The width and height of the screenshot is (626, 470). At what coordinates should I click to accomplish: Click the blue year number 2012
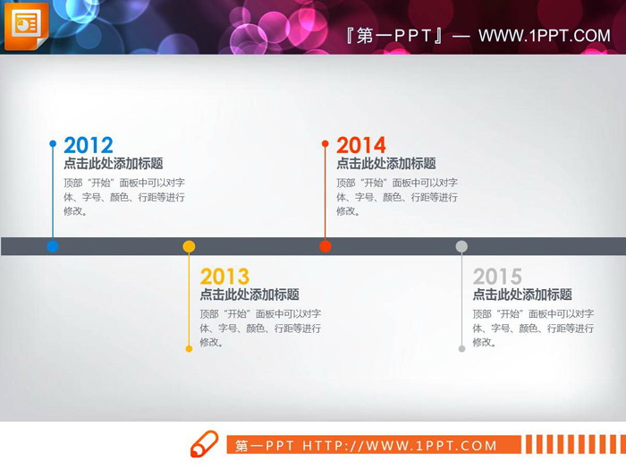(x=89, y=145)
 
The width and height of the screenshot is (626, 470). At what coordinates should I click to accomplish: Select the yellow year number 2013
(x=224, y=276)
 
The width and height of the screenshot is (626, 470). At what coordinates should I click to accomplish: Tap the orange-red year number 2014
(x=361, y=145)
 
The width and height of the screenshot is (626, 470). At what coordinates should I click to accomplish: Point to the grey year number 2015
(x=497, y=276)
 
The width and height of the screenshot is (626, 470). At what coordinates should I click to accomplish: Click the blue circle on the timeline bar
(x=53, y=246)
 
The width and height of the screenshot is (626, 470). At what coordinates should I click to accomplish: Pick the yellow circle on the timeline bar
(x=189, y=246)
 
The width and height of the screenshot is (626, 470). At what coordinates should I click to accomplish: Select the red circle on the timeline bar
(x=326, y=246)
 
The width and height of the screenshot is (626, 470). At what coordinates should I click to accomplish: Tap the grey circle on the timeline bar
(x=461, y=246)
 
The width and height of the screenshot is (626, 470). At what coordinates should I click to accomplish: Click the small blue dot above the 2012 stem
(x=53, y=143)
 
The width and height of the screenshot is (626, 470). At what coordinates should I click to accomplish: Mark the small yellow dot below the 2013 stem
(x=189, y=348)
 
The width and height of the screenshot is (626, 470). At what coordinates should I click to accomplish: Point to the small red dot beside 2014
(x=326, y=143)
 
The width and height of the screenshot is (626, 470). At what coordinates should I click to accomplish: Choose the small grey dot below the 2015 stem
(x=461, y=348)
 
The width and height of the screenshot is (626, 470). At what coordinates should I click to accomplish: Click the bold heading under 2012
(x=114, y=164)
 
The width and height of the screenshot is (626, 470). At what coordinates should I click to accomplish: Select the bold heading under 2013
(x=250, y=295)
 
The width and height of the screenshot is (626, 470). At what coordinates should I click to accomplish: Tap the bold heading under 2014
(x=386, y=164)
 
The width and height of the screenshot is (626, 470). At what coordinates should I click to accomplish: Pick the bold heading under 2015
(x=522, y=295)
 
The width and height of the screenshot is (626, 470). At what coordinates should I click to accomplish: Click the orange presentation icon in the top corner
(x=26, y=26)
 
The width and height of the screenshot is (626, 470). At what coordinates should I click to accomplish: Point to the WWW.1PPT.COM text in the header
(x=544, y=36)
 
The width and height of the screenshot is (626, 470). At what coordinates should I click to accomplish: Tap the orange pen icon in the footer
(x=203, y=444)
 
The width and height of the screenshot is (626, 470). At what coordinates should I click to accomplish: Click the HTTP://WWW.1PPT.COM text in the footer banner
(x=400, y=446)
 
